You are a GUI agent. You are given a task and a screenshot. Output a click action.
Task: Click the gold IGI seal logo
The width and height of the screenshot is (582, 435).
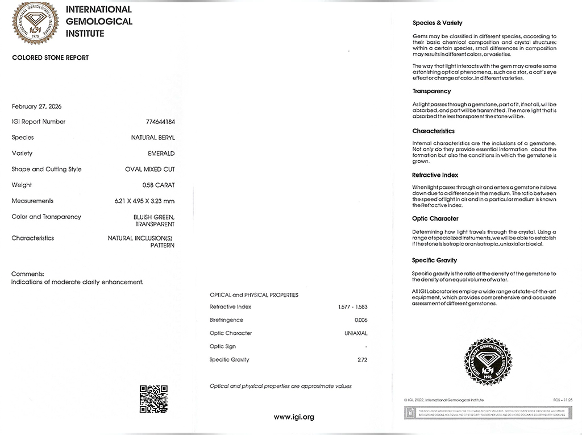(36, 24)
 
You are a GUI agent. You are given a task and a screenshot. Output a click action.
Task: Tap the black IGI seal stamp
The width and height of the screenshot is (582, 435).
(487, 361)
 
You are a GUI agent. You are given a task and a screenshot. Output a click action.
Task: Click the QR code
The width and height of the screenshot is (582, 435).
(153, 398)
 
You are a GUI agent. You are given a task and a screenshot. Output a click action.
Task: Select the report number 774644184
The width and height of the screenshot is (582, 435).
(160, 122)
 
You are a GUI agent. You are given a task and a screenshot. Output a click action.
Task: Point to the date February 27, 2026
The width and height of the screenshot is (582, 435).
(36, 106)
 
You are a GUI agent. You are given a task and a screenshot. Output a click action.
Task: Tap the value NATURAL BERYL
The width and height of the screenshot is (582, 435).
(153, 138)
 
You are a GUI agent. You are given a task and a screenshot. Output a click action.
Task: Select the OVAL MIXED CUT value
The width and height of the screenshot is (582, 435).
(150, 169)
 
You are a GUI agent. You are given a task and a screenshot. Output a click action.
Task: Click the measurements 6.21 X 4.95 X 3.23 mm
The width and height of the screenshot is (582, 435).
(144, 201)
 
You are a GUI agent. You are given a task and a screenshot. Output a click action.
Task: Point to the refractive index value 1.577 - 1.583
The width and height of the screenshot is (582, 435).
(352, 307)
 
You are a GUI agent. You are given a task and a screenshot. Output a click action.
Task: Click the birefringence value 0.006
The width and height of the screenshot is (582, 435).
(361, 320)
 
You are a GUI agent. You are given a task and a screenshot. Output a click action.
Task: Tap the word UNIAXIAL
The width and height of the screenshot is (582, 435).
(356, 333)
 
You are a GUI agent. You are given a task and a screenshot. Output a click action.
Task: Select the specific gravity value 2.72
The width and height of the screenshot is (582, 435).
(363, 359)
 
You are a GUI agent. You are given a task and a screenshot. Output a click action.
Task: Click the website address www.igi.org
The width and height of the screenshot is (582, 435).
(294, 417)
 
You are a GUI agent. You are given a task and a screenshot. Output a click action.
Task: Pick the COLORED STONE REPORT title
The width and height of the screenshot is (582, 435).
(50, 58)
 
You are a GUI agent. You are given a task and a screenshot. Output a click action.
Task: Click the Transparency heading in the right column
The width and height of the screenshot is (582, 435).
(431, 91)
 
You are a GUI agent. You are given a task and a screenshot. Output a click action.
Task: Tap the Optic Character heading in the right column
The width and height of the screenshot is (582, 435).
(435, 218)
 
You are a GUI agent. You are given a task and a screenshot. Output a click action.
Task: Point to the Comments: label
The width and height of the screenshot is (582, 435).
(28, 274)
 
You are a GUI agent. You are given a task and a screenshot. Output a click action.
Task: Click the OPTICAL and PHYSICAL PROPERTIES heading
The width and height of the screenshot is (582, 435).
(254, 295)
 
